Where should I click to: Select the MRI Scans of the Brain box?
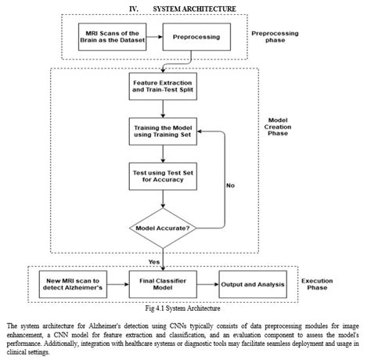coord(108,37)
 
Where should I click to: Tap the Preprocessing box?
coord(191,37)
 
